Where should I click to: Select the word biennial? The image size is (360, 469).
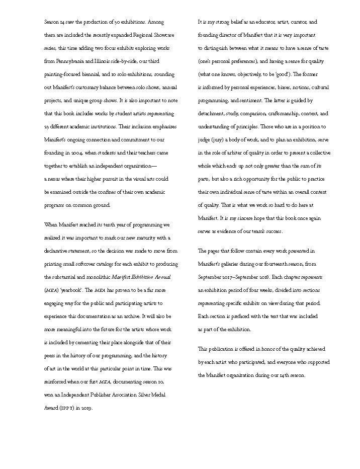104,74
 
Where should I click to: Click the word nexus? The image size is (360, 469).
56,179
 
